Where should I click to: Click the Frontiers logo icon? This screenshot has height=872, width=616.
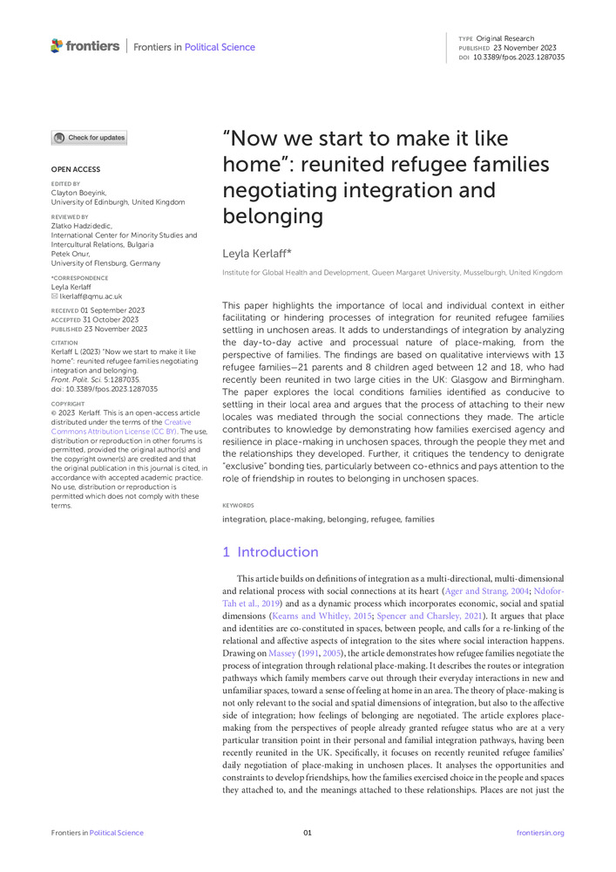pos(58,45)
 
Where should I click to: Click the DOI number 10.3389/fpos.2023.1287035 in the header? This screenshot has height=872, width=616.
pos(518,57)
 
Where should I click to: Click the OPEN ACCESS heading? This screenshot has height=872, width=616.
pos(75,169)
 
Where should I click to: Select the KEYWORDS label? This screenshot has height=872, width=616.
pos(238,505)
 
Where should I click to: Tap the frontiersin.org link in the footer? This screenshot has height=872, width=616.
pos(540,833)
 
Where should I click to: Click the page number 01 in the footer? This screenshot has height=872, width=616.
pos(308,833)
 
